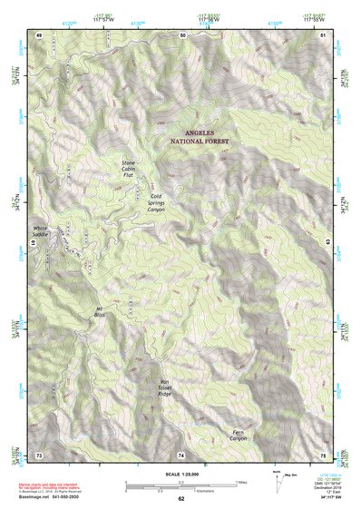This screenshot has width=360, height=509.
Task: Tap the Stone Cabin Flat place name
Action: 134,169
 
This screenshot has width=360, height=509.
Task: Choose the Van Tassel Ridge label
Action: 164,387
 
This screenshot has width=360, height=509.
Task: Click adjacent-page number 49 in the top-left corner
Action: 39,34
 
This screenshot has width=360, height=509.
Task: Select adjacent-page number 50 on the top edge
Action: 182,34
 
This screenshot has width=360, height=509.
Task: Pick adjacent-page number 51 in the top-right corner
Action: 324,34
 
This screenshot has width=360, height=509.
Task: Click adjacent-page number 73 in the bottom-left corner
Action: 39,454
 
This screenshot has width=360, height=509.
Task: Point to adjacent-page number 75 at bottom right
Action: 324,454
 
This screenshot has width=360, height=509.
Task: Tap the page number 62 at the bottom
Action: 181,498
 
